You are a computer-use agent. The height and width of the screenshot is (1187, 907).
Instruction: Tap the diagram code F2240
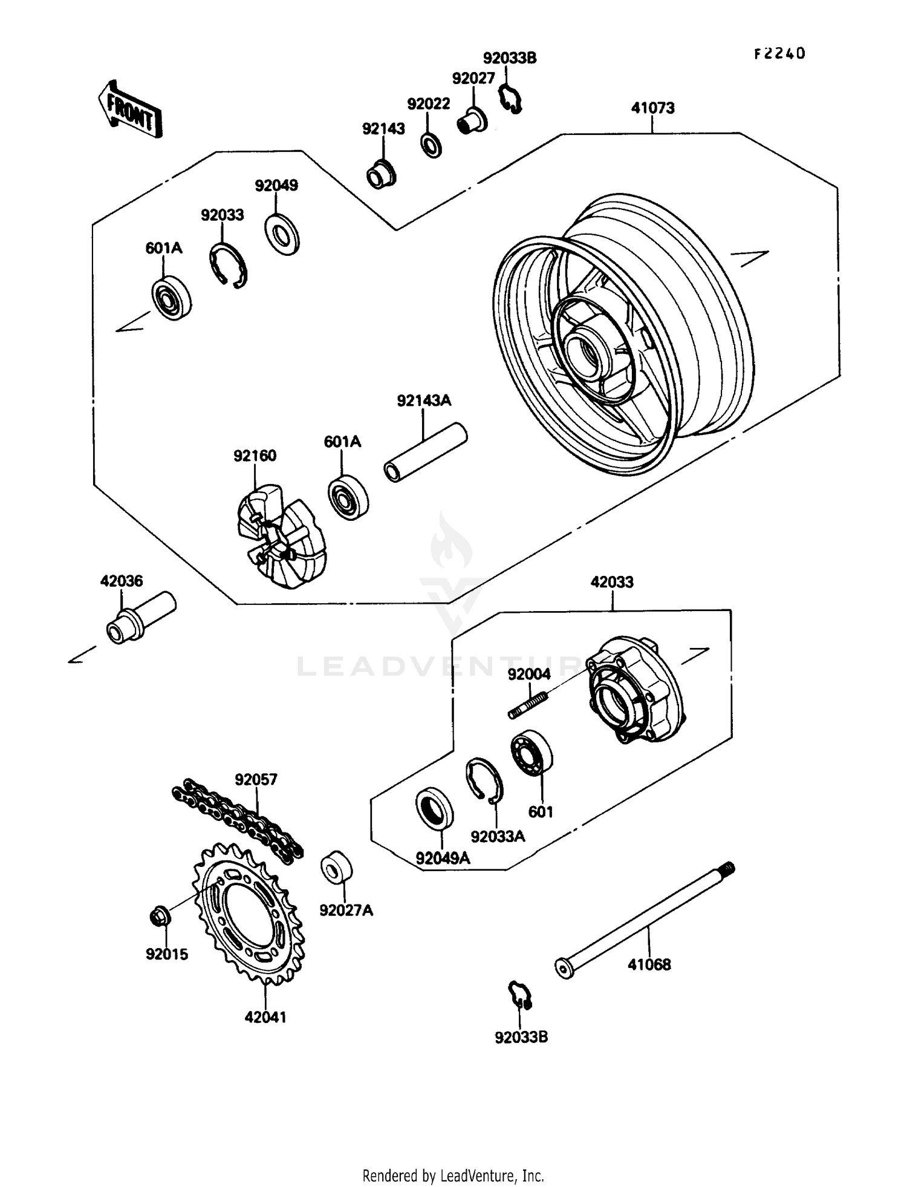pyautogui.click(x=779, y=54)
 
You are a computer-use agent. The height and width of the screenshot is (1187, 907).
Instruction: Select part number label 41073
pyautogui.click(x=652, y=108)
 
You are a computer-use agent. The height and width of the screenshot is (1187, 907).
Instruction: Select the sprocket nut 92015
pyautogui.click(x=160, y=916)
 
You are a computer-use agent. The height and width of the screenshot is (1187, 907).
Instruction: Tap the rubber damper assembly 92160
pyautogui.click(x=280, y=535)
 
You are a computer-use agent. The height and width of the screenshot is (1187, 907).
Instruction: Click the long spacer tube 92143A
pyautogui.click(x=426, y=453)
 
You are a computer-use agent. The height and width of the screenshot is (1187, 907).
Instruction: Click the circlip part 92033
pyautogui.click(x=228, y=266)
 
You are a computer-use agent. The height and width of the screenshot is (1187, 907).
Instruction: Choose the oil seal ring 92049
pyautogui.click(x=282, y=233)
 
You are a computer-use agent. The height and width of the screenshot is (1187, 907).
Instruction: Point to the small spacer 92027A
pyautogui.click(x=336, y=869)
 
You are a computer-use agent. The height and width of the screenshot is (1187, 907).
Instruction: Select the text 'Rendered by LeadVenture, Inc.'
pyautogui.click(x=453, y=1176)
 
